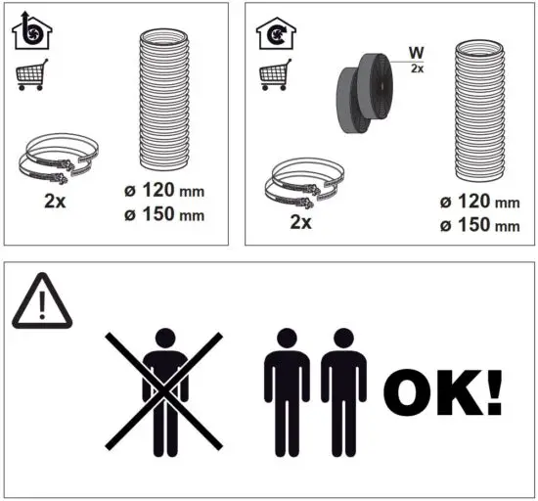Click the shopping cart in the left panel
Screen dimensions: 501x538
click(x=32, y=76)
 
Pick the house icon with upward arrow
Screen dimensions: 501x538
click(x=31, y=32)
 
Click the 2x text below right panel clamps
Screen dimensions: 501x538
click(x=301, y=222)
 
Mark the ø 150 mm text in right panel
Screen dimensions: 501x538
click(x=479, y=226)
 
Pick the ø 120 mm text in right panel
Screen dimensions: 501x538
click(x=479, y=203)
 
